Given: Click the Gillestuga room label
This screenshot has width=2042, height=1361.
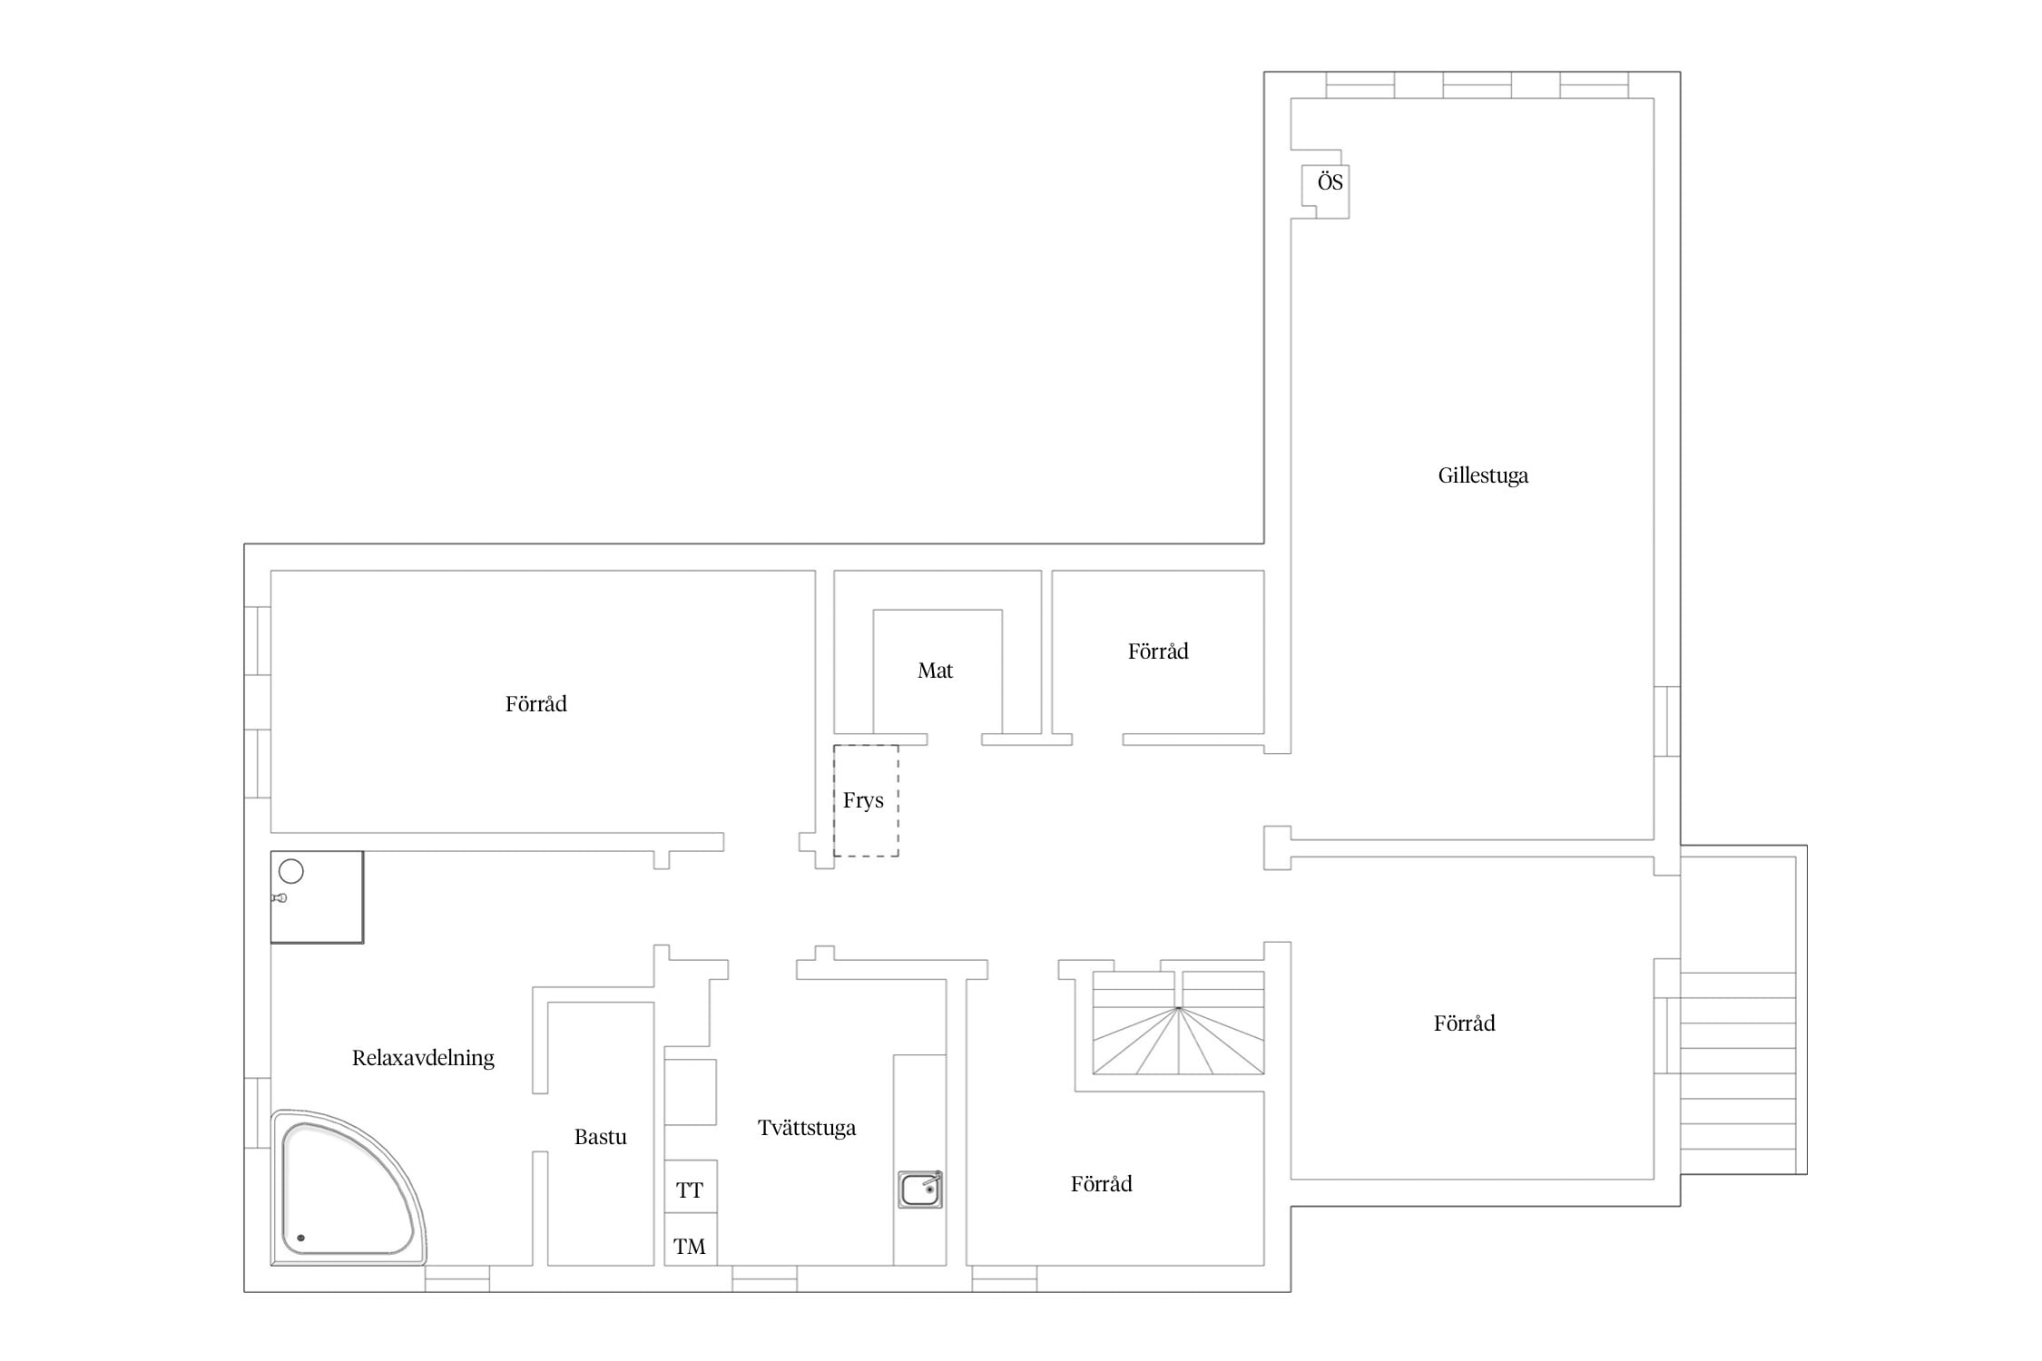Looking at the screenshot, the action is click(x=1483, y=475).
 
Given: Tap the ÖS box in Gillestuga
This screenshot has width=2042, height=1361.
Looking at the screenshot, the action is click(x=1326, y=191).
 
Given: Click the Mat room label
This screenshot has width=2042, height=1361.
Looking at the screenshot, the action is click(x=935, y=671).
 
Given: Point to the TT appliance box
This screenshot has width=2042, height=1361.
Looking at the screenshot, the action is click(x=691, y=1187).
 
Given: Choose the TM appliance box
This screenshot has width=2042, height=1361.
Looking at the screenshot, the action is click(x=691, y=1239).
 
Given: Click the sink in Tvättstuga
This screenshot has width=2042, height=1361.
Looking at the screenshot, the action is click(x=920, y=1190).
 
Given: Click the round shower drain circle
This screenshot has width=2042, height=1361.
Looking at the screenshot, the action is click(x=290, y=872).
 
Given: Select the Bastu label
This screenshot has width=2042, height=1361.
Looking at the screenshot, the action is click(x=600, y=1137).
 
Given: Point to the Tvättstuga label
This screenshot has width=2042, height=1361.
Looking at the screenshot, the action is click(x=807, y=1128).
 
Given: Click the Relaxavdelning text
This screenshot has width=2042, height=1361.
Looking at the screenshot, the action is click(x=423, y=1058).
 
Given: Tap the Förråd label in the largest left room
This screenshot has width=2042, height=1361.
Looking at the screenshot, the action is click(x=535, y=704).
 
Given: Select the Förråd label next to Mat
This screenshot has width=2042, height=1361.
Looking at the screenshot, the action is click(x=1158, y=651).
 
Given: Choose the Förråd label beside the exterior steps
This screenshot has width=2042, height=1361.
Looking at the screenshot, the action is click(x=1464, y=1023).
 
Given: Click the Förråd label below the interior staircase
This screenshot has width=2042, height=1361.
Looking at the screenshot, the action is click(x=1101, y=1184).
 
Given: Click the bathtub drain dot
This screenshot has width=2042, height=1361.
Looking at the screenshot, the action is click(x=301, y=1238).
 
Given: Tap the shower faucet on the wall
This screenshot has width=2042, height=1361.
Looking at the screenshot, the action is click(x=280, y=898).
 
